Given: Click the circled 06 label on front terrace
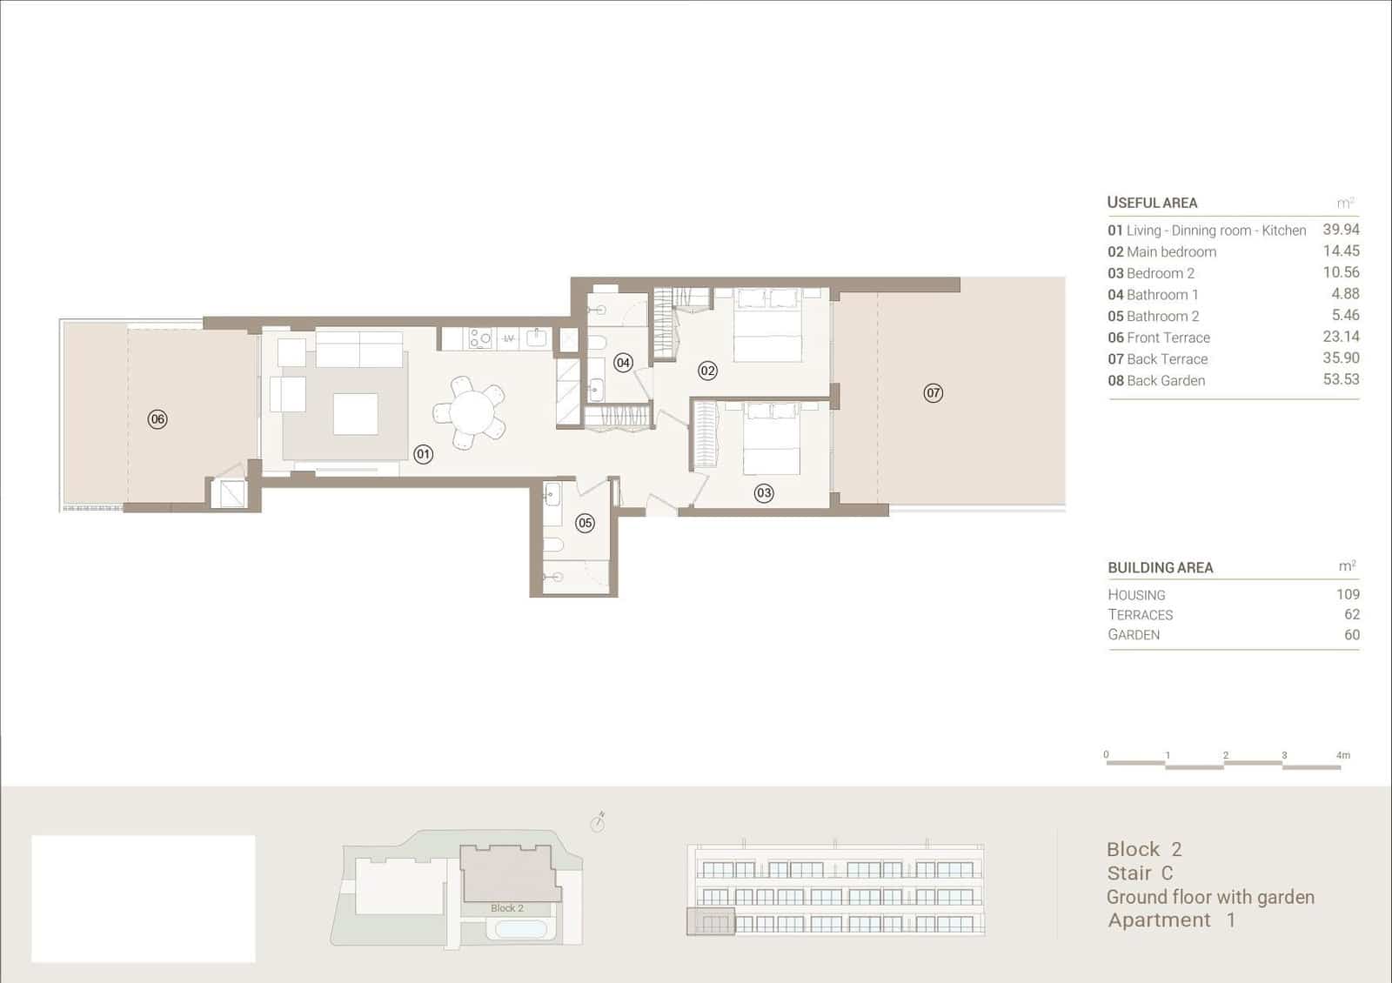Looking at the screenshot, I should click(x=157, y=419).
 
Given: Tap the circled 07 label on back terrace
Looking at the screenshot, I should click(x=933, y=393).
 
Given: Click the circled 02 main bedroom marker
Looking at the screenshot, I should click(x=707, y=371).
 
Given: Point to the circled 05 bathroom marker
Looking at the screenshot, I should click(x=585, y=523).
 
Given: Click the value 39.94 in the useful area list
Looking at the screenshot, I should click(x=1341, y=230).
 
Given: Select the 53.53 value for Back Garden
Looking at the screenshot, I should click(x=1341, y=379).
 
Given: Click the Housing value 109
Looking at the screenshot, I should click(x=1348, y=594).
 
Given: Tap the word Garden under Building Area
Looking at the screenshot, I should click(x=1134, y=635).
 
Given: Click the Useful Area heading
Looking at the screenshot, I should click(x=1152, y=203).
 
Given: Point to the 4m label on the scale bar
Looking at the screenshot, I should click(x=1343, y=755).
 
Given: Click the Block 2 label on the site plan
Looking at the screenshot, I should click(x=507, y=908).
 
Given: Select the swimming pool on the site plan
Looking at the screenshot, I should click(x=521, y=928).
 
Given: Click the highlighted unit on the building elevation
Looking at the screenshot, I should click(x=711, y=921).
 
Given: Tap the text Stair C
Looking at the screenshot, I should click(x=1140, y=873).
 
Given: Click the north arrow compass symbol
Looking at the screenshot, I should click(x=598, y=821).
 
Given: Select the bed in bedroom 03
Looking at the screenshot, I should click(x=772, y=438).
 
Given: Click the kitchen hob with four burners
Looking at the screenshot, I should click(x=480, y=338).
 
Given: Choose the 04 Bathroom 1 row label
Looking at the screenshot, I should click(x=1153, y=295).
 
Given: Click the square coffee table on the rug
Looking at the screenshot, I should click(x=355, y=414).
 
